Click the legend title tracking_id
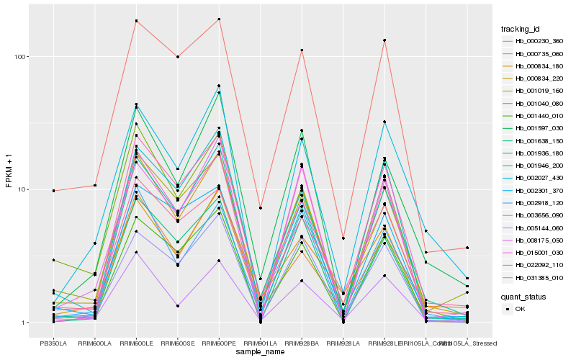[521, 29]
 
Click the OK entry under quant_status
[521, 308]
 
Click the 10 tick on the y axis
[25, 189]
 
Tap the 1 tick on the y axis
[27, 323]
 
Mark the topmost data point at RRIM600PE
[219, 19]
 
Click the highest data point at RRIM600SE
[178, 56]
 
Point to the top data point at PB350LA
[53, 191]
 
